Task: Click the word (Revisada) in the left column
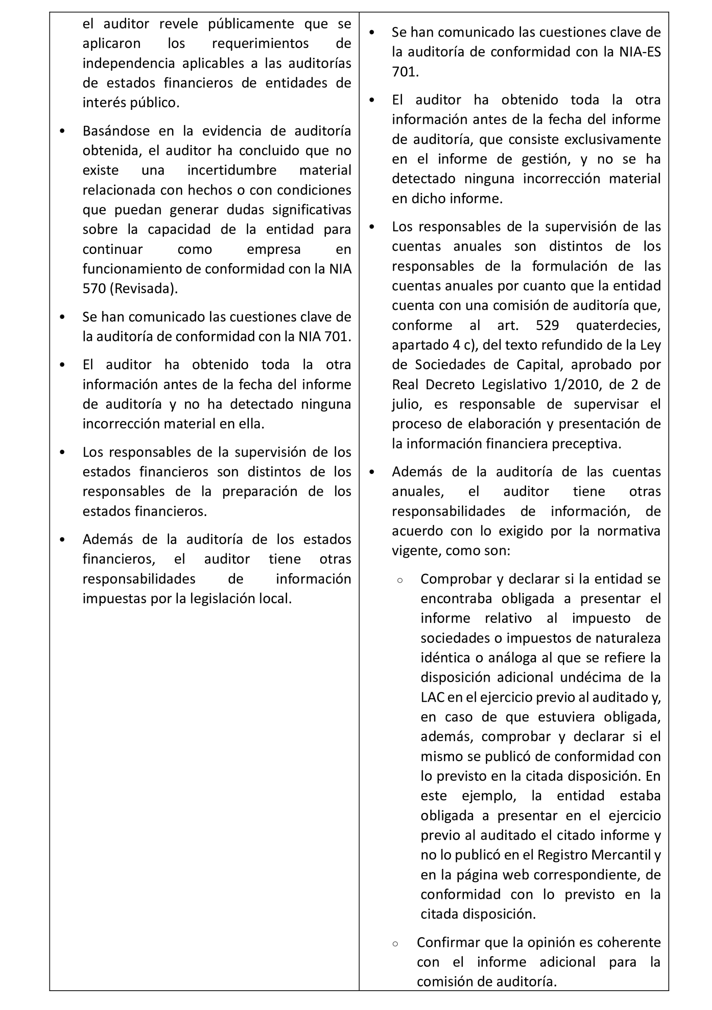point(143,289)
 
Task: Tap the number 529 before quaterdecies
point(547,326)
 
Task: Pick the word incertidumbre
point(232,170)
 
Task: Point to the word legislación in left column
point(223,599)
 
